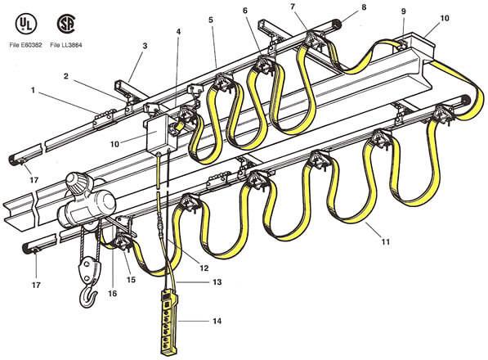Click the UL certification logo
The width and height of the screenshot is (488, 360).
tap(26, 24)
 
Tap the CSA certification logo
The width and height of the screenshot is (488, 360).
tap(66, 24)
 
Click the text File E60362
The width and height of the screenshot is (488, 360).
tap(25, 45)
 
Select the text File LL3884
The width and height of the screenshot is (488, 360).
tap(66, 45)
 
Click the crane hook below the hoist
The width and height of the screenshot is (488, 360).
tap(88, 297)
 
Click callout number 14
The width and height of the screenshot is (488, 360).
tap(217, 321)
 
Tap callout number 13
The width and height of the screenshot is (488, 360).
tap(217, 281)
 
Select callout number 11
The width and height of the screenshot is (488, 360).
tap(386, 241)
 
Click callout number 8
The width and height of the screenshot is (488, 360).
tap(364, 7)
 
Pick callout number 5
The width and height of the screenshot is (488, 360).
tap(211, 20)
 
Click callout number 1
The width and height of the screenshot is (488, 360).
tap(33, 90)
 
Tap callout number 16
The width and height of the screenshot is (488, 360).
tap(112, 294)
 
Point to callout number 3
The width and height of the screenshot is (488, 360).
tap(145, 46)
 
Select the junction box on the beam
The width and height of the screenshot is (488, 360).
tap(161, 135)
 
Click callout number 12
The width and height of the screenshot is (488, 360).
tap(204, 268)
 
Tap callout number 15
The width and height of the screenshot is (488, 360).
tap(131, 279)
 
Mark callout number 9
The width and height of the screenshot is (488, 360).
tap(403, 11)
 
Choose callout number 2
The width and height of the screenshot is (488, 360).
tap(65, 76)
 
